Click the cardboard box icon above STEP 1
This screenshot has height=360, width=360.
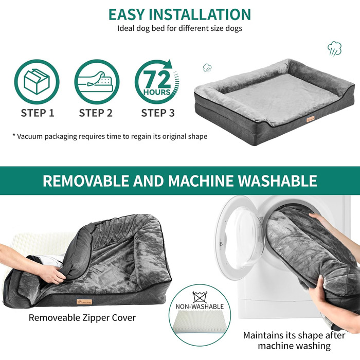[x=37, y=81]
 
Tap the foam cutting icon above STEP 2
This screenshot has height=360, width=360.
[x=97, y=81]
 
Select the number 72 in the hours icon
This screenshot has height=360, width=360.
[x=157, y=79]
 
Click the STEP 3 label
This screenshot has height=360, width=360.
[x=158, y=113]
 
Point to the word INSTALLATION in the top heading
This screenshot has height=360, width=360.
[x=200, y=14]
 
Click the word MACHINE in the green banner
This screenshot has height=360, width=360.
[x=200, y=181]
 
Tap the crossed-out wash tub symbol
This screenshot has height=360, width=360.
[x=200, y=297]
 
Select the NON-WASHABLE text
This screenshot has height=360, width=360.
[x=200, y=307]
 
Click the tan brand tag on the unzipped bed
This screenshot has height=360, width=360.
[x=84, y=302]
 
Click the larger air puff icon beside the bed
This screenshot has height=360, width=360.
[x=334, y=49]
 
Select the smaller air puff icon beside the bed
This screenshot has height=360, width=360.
[x=207, y=68]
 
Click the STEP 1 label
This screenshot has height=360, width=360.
[x=38, y=113]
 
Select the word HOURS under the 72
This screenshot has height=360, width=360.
[x=157, y=92]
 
